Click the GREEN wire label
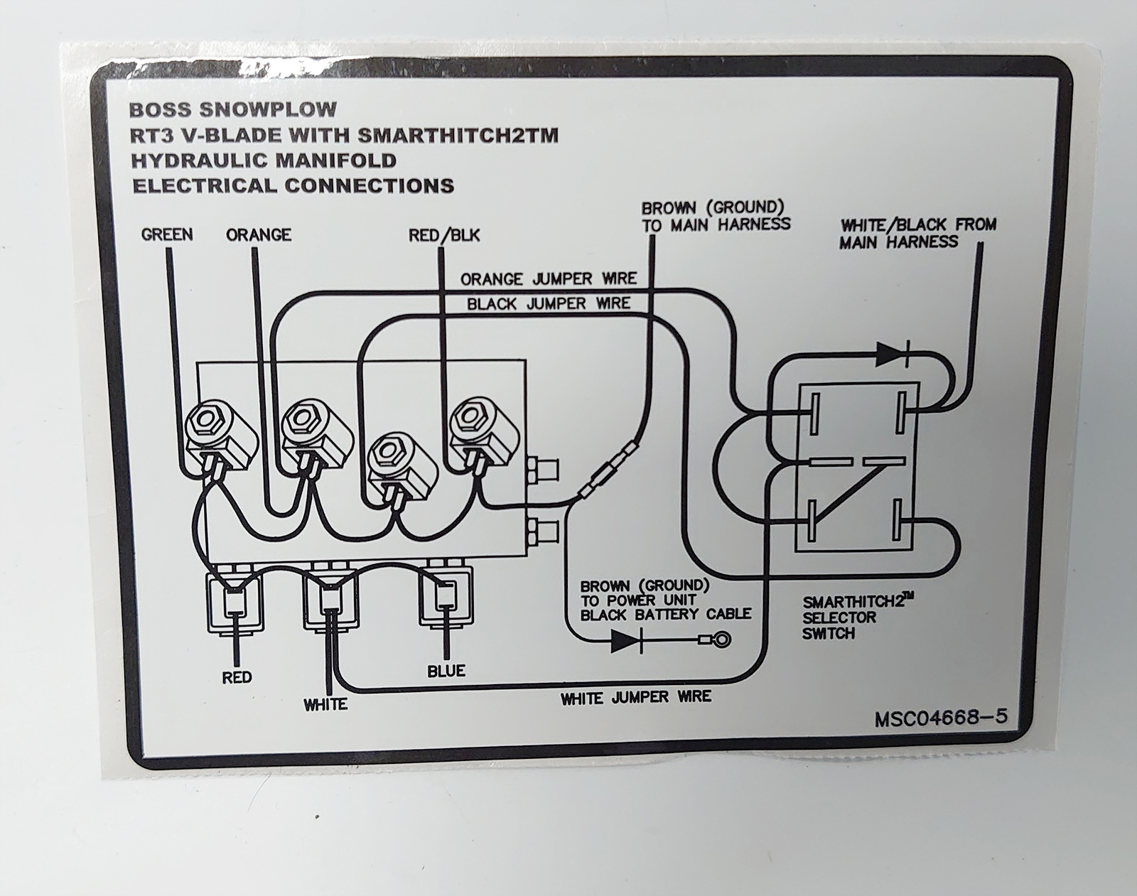[x=167, y=234]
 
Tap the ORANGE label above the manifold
[x=259, y=234]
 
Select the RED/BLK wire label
[x=444, y=234]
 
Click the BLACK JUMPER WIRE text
[x=549, y=304]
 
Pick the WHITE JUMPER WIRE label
[x=636, y=698]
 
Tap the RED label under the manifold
[x=237, y=677]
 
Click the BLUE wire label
[x=446, y=670]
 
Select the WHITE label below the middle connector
[x=325, y=705]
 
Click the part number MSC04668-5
[x=941, y=718]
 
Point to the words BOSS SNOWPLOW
[x=233, y=110]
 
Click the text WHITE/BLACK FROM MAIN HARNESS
[x=917, y=233]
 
